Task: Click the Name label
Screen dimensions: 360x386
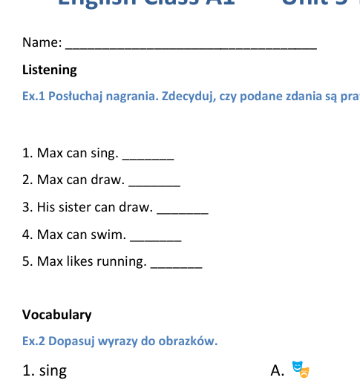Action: pos(42,43)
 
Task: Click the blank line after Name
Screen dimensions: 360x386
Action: pos(192,46)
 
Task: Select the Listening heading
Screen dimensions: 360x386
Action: pos(50,70)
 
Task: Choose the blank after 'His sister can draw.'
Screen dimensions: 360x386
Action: pos(183,211)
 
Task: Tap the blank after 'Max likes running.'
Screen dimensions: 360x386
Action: pos(176,265)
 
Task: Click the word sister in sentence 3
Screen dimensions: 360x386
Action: pos(78,207)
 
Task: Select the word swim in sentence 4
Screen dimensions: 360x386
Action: pos(108,235)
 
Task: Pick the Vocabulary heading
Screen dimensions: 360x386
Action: pos(57,315)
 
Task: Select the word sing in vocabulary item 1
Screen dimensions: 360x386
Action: pos(53,370)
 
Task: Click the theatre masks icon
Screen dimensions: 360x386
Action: pos(300,368)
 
